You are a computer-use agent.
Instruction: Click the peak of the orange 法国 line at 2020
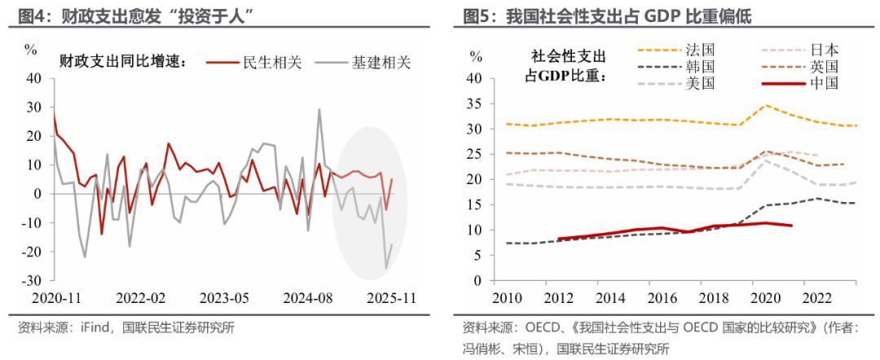[x=766, y=105]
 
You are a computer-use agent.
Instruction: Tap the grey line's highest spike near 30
[x=319, y=109]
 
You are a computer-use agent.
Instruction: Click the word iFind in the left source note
[x=93, y=328]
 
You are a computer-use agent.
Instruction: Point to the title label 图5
[x=480, y=15]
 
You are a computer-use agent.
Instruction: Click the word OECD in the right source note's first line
[x=535, y=328]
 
